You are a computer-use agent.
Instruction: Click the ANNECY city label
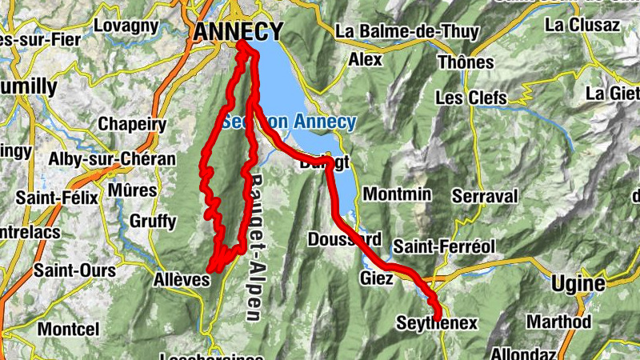(238, 31)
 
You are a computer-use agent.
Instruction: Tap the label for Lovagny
(126, 26)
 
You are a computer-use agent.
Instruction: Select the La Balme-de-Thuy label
(407, 32)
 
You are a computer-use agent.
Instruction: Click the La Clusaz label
(582, 25)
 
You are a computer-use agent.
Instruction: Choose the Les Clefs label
(471, 98)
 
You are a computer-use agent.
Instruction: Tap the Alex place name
(366, 59)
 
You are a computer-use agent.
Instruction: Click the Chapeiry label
(132, 124)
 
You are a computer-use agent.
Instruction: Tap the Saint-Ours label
(74, 270)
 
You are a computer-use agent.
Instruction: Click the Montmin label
(397, 194)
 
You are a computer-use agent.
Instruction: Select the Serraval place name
(485, 196)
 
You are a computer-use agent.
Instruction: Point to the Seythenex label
(437, 323)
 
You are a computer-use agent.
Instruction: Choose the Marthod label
(558, 322)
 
